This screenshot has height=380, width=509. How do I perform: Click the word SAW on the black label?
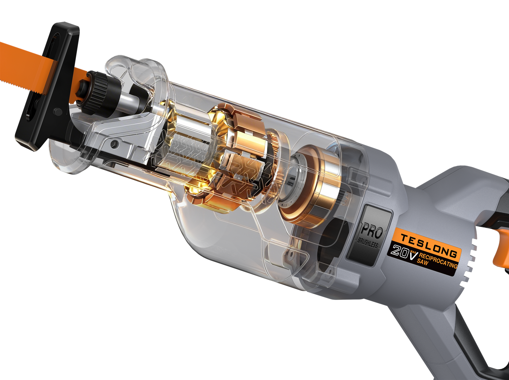[422, 262]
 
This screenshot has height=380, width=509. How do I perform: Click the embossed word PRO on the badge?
[371, 232]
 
